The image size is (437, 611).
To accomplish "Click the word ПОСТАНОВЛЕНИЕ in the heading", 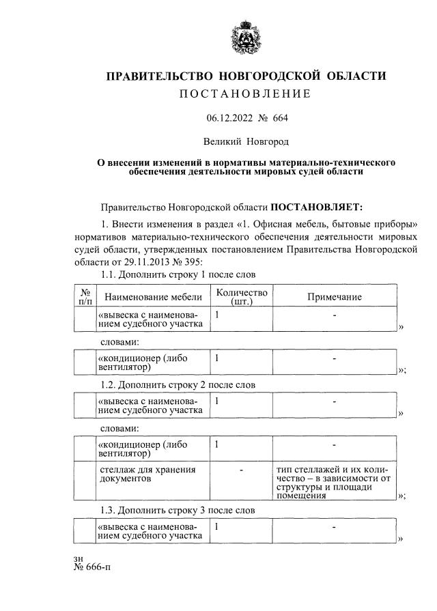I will tap(245, 94).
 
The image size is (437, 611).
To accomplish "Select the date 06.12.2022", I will tap(229, 118).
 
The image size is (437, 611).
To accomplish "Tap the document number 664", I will tap(280, 118).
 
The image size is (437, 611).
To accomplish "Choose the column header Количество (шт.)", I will tap(241, 297).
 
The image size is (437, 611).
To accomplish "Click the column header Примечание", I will tap(334, 297).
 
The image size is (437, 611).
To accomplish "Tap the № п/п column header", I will tap(85, 297).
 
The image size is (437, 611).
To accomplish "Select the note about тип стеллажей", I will tap(333, 483).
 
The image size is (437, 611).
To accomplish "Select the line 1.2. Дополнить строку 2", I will tap(178, 384).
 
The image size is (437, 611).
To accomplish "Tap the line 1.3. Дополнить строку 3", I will tap(178, 510).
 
